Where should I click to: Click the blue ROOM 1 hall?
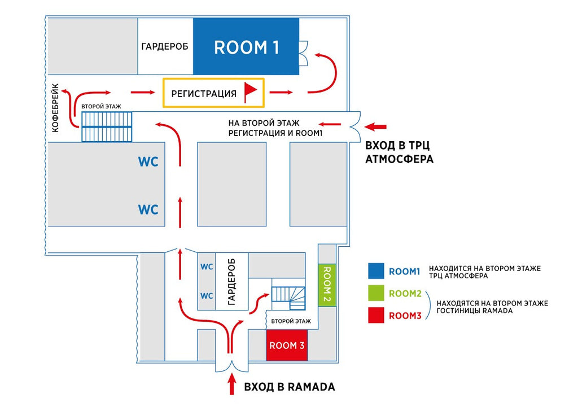pos(246,47)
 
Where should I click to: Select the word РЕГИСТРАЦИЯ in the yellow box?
pos(203,94)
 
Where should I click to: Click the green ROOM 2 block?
pos(327,285)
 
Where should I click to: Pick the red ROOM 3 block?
pos(287,346)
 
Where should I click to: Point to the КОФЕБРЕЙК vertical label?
pos(55,108)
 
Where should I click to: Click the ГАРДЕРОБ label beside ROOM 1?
pos(165,46)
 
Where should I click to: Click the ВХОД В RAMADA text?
pos(289,387)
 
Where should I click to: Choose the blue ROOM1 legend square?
pos(376,272)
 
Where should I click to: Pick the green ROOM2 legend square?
pos(376,294)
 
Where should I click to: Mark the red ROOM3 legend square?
pos(376,316)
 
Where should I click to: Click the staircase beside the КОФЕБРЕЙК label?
pos(107,126)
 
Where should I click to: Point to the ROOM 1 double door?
pos(303,53)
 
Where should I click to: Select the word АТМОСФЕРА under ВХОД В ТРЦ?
pos(400,160)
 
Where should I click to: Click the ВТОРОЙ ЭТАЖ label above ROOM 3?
pos(291,321)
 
